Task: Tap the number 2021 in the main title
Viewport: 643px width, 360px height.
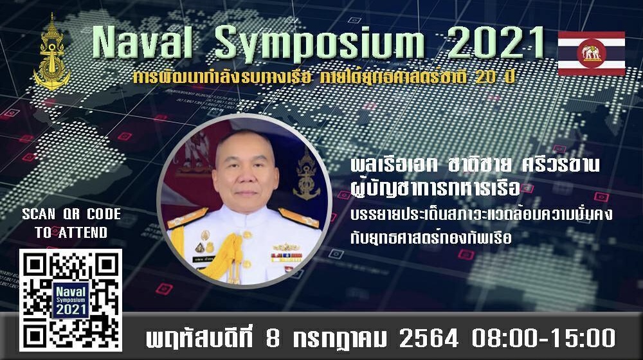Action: tap(496, 42)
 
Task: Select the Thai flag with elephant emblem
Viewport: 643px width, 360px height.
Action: tap(592, 53)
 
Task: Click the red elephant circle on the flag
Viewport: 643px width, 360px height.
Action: tap(592, 53)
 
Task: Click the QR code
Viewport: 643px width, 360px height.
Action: tap(71, 300)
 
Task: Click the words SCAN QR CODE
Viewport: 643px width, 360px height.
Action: tap(71, 214)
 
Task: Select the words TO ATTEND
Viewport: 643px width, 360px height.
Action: tap(71, 233)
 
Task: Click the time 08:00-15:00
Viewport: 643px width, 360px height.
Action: tap(543, 339)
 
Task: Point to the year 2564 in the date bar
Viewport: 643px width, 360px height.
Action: tap(428, 339)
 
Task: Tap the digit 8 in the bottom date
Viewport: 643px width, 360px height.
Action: tap(273, 339)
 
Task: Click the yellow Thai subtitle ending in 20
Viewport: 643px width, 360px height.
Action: tap(323, 76)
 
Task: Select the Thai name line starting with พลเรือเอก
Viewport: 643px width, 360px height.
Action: tap(475, 165)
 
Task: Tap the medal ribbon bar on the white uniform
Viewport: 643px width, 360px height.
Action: tap(286, 257)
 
